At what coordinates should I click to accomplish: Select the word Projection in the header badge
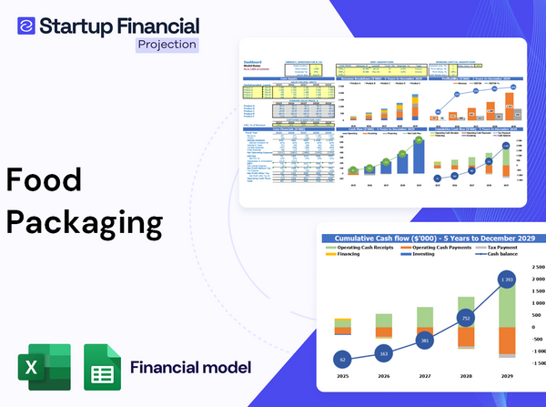[x=167, y=44]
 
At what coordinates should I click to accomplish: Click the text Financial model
[x=190, y=368]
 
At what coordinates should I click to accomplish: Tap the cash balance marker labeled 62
[x=341, y=360]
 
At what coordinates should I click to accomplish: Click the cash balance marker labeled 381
[x=425, y=341]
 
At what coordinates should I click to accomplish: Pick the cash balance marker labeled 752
[x=466, y=319]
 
